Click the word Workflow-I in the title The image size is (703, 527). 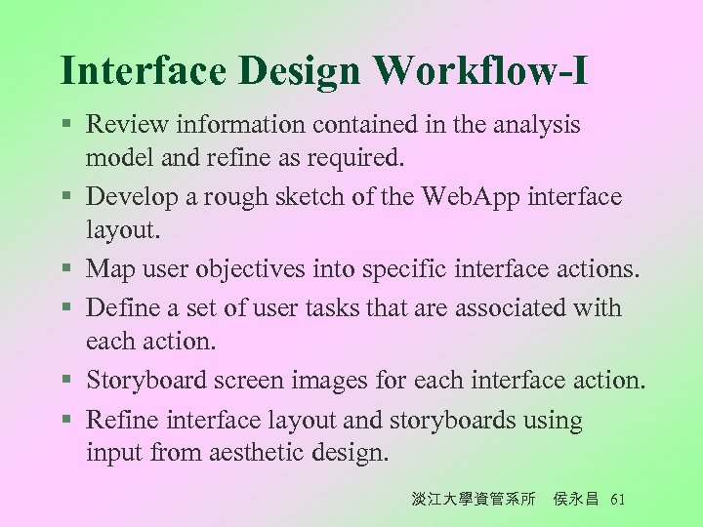click(482, 70)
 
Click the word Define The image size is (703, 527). click(122, 307)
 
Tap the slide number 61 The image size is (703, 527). click(616, 500)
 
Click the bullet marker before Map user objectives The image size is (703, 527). click(65, 268)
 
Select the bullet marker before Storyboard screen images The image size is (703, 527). click(65, 381)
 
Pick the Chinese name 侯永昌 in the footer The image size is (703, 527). click(577, 500)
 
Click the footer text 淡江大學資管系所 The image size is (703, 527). click(474, 500)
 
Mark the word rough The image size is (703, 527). click(219, 198)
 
